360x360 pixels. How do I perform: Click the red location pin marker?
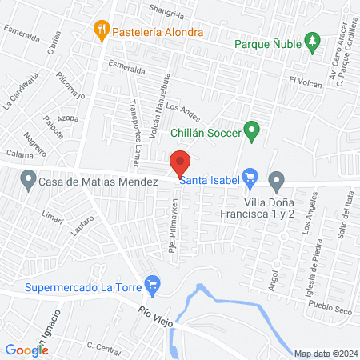[x=180, y=162]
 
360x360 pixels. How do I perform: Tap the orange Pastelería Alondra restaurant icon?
[x=101, y=32]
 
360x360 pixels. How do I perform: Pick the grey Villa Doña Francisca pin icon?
[x=277, y=180]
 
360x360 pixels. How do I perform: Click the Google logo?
[x=26, y=350]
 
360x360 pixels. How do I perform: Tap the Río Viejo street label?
[x=154, y=317]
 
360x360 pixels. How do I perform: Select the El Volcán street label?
[x=304, y=81]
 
